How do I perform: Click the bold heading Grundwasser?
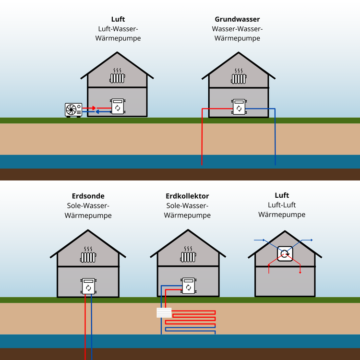tap(237, 20)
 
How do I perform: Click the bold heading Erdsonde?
tap(88, 196)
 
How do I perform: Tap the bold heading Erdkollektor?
tap(187, 196)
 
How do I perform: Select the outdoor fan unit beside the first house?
tap(73, 110)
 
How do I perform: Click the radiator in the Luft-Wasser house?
tap(118, 76)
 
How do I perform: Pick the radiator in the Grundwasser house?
tap(239, 77)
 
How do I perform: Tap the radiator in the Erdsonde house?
tap(88, 255)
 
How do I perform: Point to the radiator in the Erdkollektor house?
tap(188, 255)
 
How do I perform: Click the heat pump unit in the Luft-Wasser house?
tap(118, 106)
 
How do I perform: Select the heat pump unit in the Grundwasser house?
tap(239, 107)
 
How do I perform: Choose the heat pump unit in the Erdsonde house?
tap(88, 286)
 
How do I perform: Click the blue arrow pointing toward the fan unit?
tap(101, 112)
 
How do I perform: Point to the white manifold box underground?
tap(164, 312)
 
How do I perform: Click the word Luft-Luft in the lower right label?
tap(282, 205)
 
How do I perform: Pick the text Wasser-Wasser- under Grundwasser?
tap(237, 29)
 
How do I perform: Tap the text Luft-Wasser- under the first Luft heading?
tap(118, 29)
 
